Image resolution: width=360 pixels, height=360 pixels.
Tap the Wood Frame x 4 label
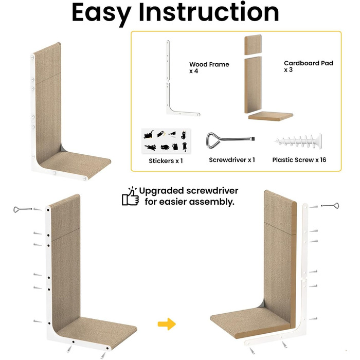pos(209,67)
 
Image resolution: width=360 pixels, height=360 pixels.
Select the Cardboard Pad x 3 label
pos(309,66)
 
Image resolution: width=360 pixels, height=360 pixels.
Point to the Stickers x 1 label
pos(166,160)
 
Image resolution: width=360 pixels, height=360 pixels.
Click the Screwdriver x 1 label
pos(232,160)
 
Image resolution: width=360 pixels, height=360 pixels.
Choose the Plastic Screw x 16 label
pos(299,160)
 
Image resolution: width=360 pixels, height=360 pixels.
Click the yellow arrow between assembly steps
pos(167,324)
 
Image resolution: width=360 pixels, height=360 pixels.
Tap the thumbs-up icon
pos(131,196)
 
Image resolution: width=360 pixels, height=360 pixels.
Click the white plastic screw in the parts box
pos(298,141)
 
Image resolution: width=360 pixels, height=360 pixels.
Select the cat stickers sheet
pos(166,141)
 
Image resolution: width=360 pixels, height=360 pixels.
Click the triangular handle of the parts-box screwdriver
pos(213,140)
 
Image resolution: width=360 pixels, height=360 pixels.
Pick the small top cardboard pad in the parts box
pos(253,45)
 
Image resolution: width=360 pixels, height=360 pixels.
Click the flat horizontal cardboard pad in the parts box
pos(271,116)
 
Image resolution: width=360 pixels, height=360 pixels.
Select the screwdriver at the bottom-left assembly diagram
pos(23,209)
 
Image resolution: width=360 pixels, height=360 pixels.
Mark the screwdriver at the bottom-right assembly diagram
pos(330,206)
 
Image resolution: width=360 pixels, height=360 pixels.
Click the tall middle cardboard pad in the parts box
pos(253,85)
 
